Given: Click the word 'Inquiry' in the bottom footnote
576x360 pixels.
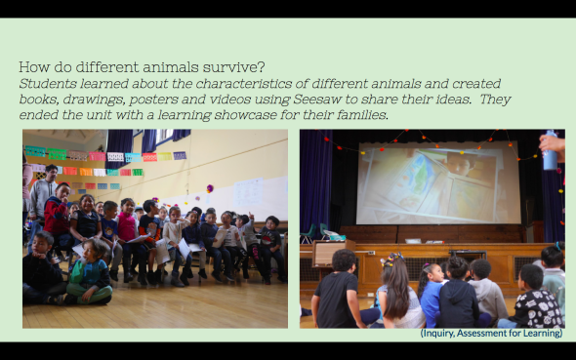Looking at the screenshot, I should coord(439,333).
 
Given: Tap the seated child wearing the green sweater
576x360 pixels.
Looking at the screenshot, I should coord(90,278).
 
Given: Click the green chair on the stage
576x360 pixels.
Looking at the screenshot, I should coord(310,234).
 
